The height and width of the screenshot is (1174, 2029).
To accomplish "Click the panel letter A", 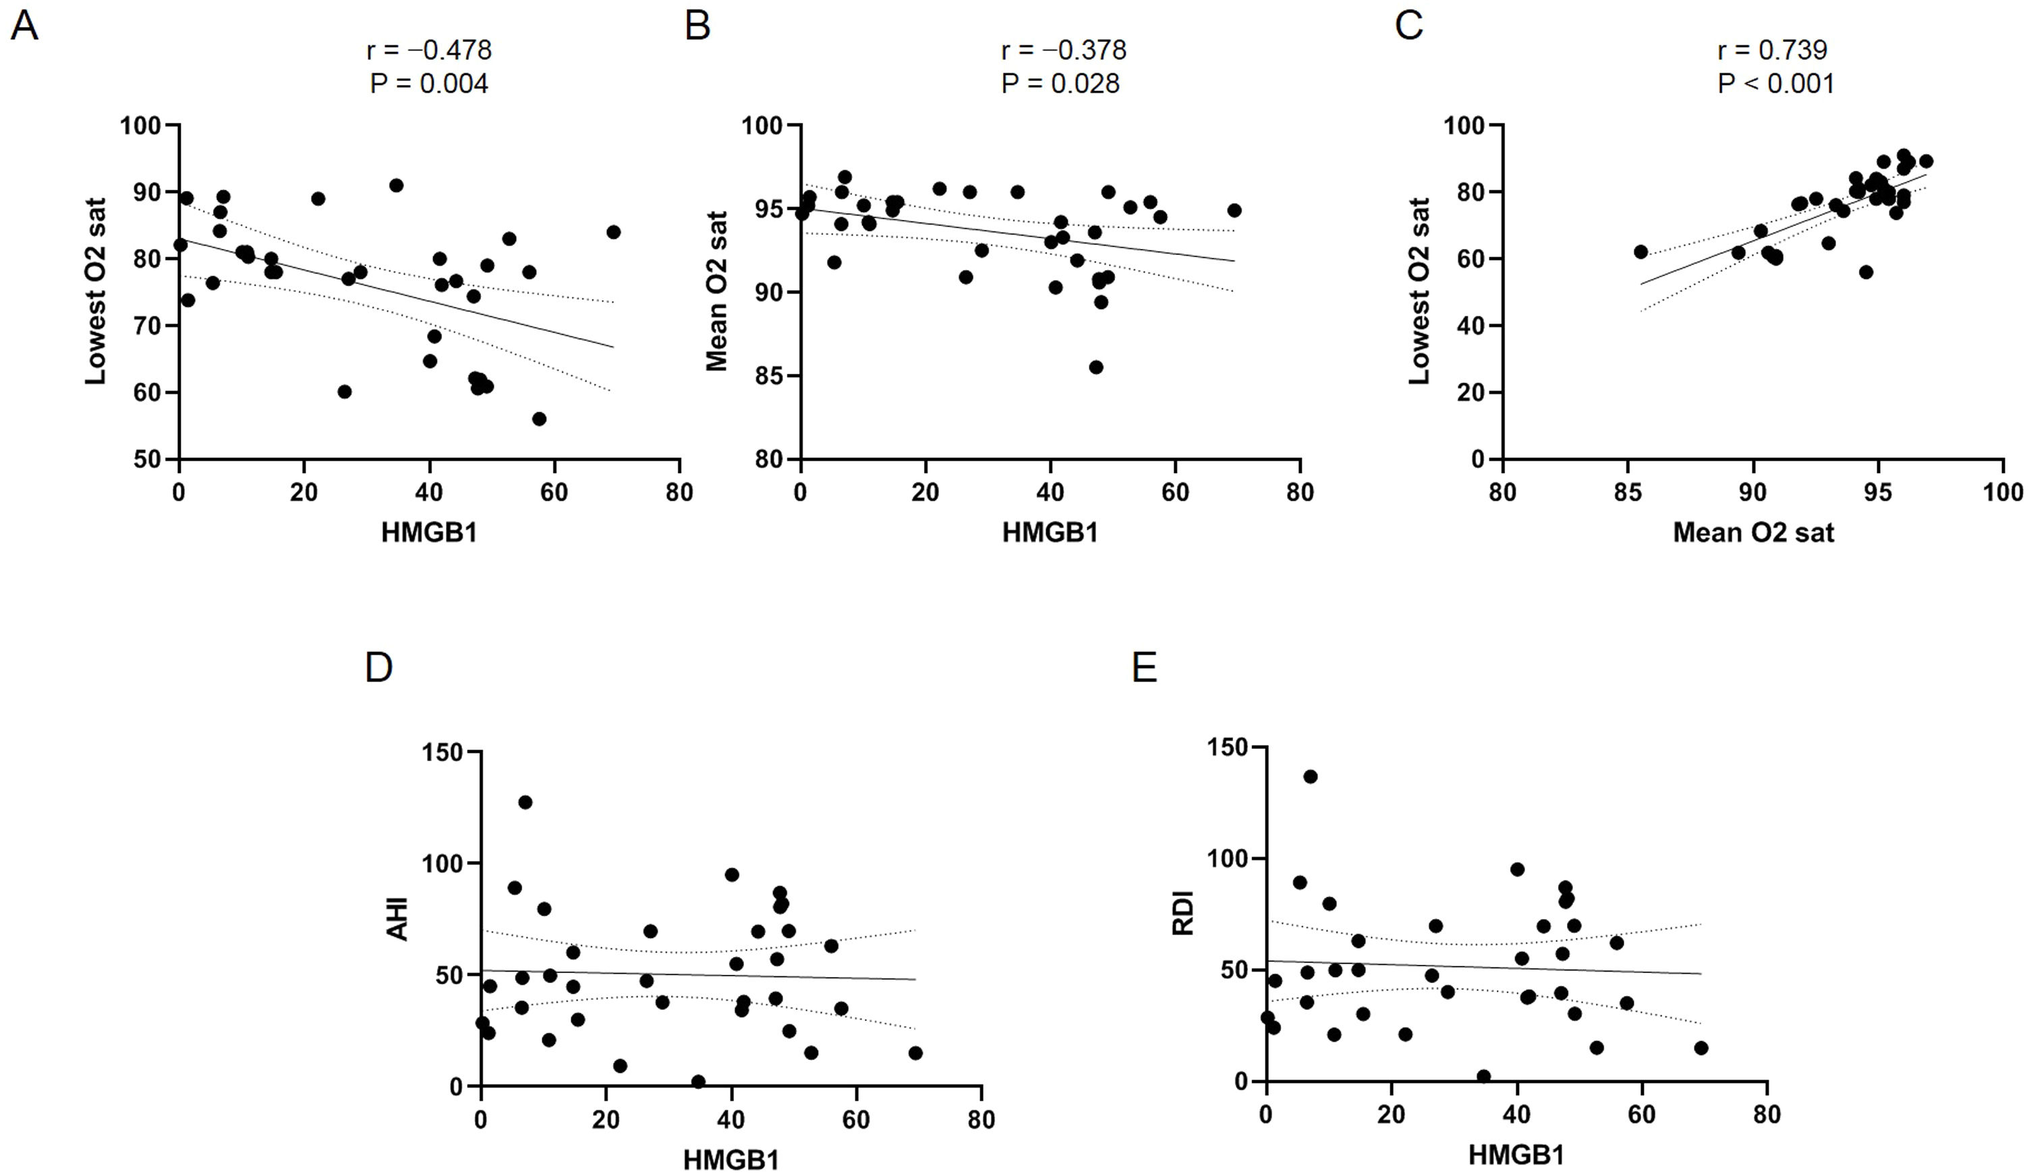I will click(24, 26).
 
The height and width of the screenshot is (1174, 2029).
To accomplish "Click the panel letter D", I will click(378, 669).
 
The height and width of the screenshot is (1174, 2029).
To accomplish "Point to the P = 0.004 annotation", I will click(428, 84).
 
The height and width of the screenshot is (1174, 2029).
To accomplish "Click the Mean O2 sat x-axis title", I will click(1753, 532).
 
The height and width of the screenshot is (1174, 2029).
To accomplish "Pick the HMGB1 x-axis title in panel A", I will click(429, 532).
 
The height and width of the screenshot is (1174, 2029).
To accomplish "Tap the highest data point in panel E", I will click(1310, 776).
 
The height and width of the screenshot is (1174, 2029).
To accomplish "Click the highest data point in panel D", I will click(525, 802).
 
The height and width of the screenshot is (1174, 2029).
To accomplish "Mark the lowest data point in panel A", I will click(539, 419).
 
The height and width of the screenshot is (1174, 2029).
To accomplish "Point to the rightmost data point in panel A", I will click(614, 232).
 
